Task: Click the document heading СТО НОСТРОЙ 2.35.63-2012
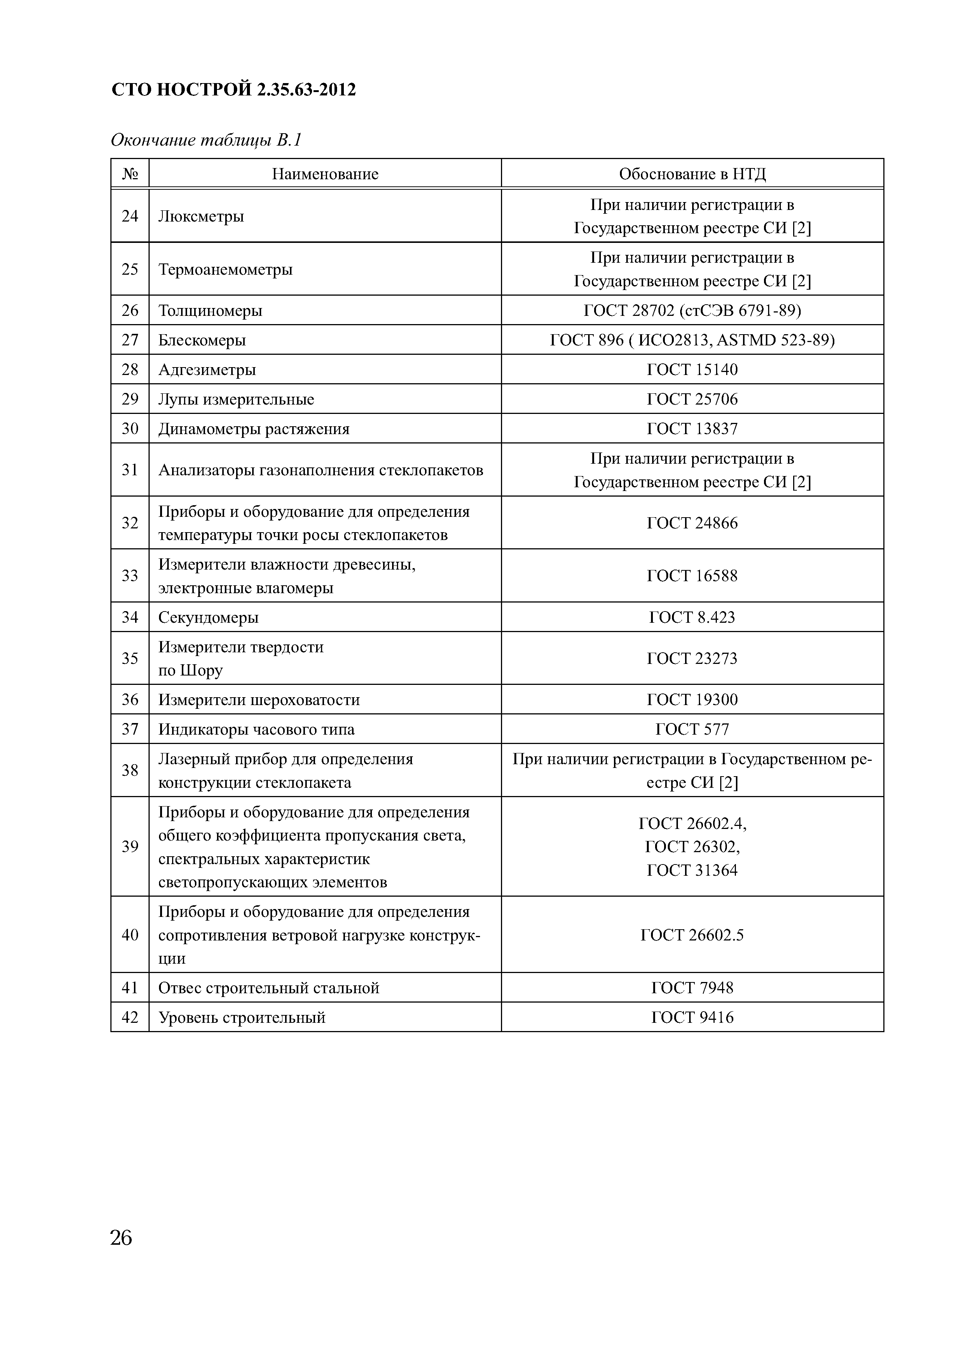tap(233, 90)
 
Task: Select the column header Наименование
tap(325, 174)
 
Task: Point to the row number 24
tap(130, 216)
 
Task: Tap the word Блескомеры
tap(202, 340)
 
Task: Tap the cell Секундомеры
tap(208, 617)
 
